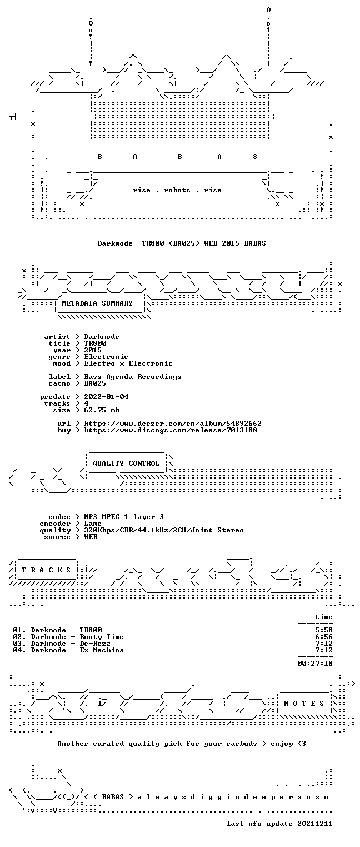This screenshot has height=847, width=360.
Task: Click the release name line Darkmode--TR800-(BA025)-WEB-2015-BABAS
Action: point(182,243)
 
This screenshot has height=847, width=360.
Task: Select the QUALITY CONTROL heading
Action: point(126,463)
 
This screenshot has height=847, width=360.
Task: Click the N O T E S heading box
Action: point(304,703)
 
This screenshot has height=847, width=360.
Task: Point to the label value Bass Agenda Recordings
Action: point(133,377)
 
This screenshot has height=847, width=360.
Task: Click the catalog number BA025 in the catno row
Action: point(95,383)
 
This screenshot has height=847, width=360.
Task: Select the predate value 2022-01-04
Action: point(106,397)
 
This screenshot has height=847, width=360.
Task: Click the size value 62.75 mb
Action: point(102,410)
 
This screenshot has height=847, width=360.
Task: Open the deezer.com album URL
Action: point(173,423)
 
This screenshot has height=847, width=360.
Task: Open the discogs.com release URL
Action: point(171,430)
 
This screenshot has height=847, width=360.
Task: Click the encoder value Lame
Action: point(93,524)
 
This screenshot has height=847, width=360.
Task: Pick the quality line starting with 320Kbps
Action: point(164,530)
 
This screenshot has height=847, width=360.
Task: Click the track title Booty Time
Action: point(102,637)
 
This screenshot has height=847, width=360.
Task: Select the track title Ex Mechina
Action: point(102,650)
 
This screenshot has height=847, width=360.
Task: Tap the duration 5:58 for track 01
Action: point(324,630)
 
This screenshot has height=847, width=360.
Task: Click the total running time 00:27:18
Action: point(315,664)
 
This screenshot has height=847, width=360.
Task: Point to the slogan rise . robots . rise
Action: point(177,190)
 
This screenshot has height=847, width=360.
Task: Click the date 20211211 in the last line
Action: point(315,824)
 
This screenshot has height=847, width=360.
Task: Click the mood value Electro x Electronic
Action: point(128,364)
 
